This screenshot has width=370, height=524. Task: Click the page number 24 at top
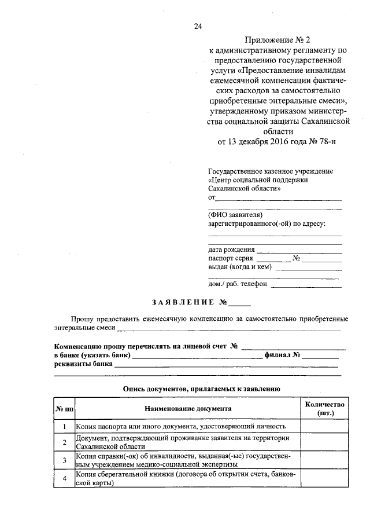click(x=198, y=25)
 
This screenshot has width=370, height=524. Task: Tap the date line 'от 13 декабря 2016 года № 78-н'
click(x=276, y=141)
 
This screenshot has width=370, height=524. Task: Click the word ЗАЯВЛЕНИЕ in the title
click(x=183, y=302)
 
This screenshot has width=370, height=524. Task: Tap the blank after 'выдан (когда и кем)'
click(x=309, y=269)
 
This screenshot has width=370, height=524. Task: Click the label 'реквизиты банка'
click(x=83, y=365)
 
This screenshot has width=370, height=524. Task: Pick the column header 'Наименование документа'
click(x=185, y=409)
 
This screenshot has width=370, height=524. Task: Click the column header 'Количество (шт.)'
click(x=327, y=409)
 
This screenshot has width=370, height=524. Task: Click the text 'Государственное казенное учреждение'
click(x=270, y=172)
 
